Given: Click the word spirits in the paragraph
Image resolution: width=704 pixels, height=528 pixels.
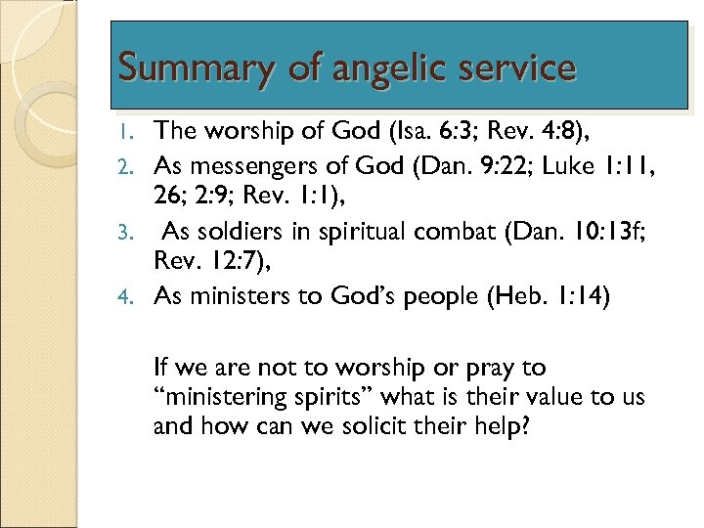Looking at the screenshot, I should pyautogui.click(x=335, y=398).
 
